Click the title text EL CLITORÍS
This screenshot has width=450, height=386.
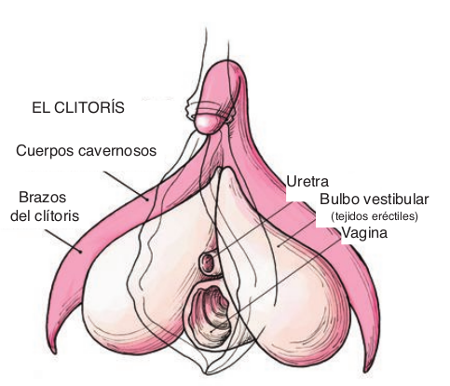pyautogui.click(x=78, y=107)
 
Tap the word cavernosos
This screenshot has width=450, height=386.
pyautogui.click(x=117, y=151)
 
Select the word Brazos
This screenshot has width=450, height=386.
pyautogui.click(x=43, y=198)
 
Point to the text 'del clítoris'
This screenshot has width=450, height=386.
pyautogui.click(x=45, y=215)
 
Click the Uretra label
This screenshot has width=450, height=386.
pyautogui.click(x=307, y=182)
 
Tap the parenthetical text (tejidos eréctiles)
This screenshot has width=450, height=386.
pyautogui.click(x=375, y=216)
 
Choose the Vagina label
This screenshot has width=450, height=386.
pyautogui.click(x=364, y=232)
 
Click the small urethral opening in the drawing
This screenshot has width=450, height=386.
pyautogui.click(x=208, y=263)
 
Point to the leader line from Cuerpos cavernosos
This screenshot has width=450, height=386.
pyautogui.click(x=126, y=186)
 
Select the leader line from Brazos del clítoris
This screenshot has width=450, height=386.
pyautogui.click(x=63, y=241)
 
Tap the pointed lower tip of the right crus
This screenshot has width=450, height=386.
pyautogui.click(x=367, y=371)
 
